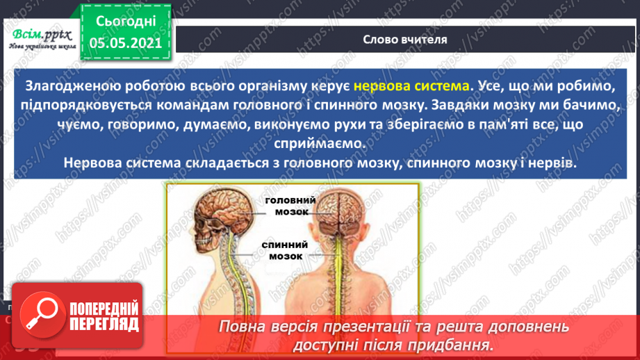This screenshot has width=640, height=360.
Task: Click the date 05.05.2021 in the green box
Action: (x=126, y=43)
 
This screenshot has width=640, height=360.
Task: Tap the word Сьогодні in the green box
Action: (x=126, y=22)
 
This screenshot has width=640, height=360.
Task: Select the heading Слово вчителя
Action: (x=405, y=39)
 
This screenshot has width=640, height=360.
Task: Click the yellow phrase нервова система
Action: (x=411, y=87)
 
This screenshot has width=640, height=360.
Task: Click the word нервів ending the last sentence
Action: (x=555, y=162)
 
